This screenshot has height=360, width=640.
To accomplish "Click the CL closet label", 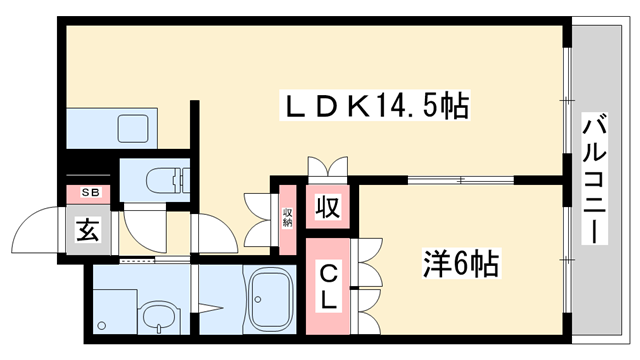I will coord(329,285).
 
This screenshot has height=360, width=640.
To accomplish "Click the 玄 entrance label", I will coord(87,233).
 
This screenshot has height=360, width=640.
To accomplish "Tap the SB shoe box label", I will coord(89,192).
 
